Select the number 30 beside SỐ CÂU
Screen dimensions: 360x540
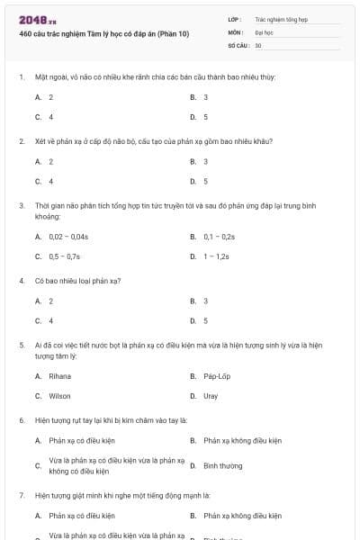coord(258,44)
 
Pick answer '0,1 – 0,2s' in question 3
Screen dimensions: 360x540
coord(219,237)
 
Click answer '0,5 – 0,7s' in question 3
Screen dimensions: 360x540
coord(65,256)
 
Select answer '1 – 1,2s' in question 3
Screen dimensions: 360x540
coord(216,256)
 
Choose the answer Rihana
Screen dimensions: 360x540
coord(59,376)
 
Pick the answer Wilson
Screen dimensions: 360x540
coord(59,396)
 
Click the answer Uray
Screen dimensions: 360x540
coord(211,396)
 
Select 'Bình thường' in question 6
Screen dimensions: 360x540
coord(222,465)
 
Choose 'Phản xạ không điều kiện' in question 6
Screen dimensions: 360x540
coord(242,441)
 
